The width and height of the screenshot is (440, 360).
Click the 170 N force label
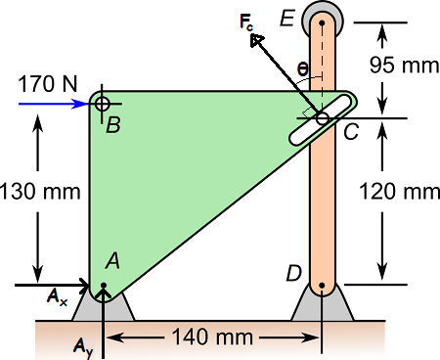[x=48, y=84]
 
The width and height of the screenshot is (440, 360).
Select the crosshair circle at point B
[x=103, y=104]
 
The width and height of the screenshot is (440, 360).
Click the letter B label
[x=113, y=125]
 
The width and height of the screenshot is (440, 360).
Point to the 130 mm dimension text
[x=40, y=192]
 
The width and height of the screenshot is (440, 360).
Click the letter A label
[x=112, y=261]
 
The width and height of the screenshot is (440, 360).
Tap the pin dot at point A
[x=104, y=286]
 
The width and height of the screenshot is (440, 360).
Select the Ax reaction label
[x=57, y=297]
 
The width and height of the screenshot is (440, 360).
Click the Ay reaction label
[x=83, y=347]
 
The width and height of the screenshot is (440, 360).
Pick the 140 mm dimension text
[x=212, y=337]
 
